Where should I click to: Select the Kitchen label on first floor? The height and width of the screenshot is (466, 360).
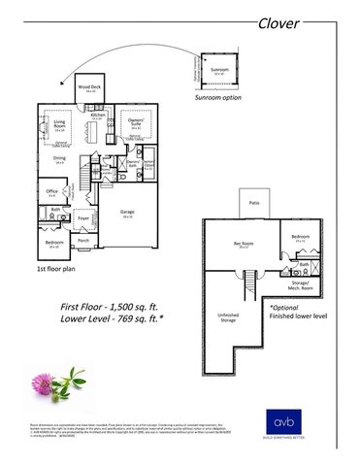[x=98, y=116]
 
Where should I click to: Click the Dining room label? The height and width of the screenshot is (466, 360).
[x=59, y=160]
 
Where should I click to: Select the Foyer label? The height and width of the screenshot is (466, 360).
[x=84, y=218]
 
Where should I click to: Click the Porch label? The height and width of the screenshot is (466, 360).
[x=83, y=240]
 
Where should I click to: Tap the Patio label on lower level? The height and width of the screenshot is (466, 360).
[x=254, y=203]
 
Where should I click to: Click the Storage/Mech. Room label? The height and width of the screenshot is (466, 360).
[x=301, y=286]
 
